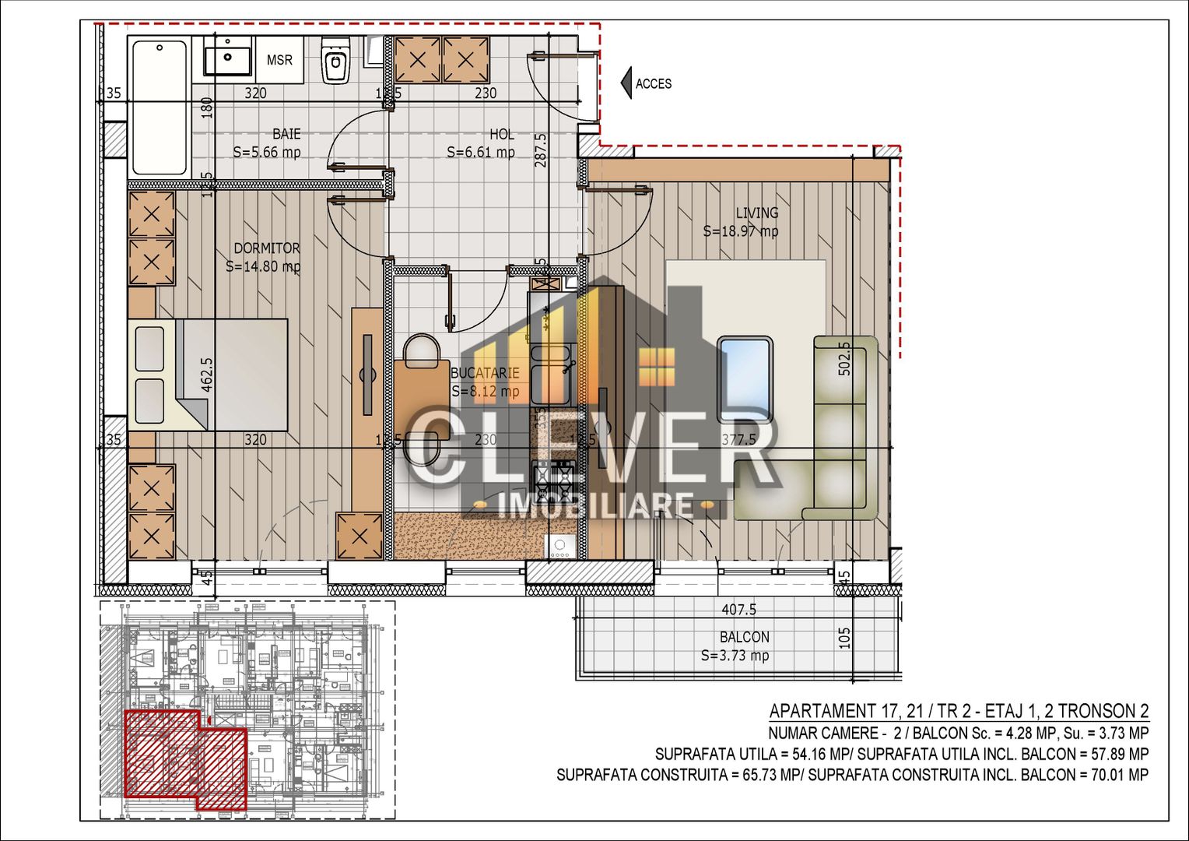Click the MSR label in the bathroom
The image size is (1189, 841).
click(279, 60)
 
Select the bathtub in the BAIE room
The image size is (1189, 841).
click(160, 107)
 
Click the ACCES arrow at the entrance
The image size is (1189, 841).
click(626, 83)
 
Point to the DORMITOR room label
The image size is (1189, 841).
click(266, 248)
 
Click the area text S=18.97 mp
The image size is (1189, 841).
click(740, 231)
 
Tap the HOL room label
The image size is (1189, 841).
click(501, 135)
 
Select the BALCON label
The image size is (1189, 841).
click(744, 637)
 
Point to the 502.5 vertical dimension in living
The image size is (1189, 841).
click(844, 359)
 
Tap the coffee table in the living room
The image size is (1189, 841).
click(745, 371)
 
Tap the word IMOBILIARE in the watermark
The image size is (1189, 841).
click(595, 506)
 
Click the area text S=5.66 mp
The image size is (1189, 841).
click(267, 153)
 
